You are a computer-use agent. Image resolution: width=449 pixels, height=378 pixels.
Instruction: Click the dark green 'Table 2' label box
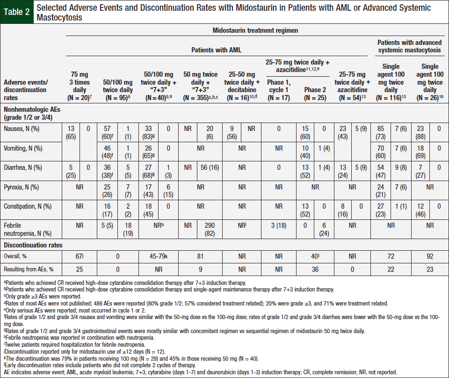[17, 13]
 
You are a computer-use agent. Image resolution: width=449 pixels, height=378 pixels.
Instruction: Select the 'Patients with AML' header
[216, 50]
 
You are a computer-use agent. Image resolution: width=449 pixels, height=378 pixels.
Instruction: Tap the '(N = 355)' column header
[200, 98]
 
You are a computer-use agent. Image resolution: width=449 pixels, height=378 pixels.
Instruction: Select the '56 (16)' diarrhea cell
[210, 167]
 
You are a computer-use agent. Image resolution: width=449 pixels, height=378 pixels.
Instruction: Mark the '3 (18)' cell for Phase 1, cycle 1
[278, 226]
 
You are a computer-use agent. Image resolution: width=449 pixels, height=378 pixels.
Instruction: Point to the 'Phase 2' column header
[315, 90]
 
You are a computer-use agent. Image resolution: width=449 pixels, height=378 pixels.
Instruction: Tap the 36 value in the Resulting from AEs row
[315, 269]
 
